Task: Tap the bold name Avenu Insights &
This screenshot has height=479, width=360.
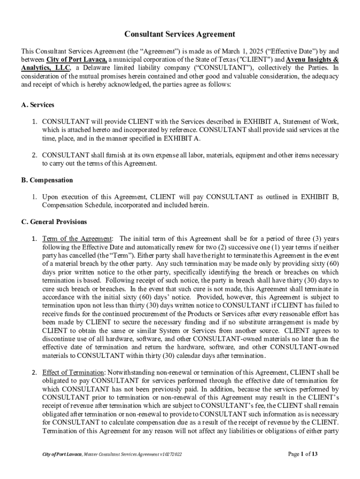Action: [x=312, y=60]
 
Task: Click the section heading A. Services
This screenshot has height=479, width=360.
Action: [x=37, y=105]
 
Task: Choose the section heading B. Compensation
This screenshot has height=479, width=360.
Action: [x=47, y=180]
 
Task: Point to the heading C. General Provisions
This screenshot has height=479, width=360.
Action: [x=54, y=222]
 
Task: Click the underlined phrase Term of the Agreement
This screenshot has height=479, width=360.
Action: [x=77, y=239]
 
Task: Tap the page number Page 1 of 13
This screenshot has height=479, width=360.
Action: [x=303, y=454]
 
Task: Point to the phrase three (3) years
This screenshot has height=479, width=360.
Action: [x=317, y=239]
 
